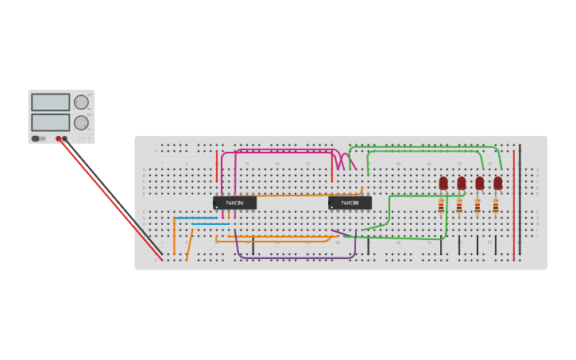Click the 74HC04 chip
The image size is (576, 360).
(x=234, y=203)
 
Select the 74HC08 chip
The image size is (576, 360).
(x=350, y=203)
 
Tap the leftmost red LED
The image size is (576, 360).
(x=443, y=183)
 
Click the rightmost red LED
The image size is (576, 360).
(x=497, y=183)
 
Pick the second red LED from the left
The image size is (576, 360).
(x=462, y=183)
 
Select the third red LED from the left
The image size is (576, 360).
(x=479, y=183)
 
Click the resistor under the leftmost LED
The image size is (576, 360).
(x=441, y=207)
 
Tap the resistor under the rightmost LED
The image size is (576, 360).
(x=495, y=207)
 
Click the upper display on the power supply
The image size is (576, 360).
(x=51, y=102)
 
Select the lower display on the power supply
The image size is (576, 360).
(x=51, y=122)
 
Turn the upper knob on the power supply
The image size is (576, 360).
(x=81, y=102)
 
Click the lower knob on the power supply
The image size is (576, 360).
(x=81, y=122)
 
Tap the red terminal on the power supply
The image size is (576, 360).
(x=58, y=138)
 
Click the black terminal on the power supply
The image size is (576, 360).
(x=65, y=138)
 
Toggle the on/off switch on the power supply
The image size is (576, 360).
(x=36, y=138)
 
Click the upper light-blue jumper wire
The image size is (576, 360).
(x=195, y=218)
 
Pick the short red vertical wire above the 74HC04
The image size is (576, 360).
(x=217, y=165)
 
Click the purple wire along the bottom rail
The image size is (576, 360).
(x=294, y=257)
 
